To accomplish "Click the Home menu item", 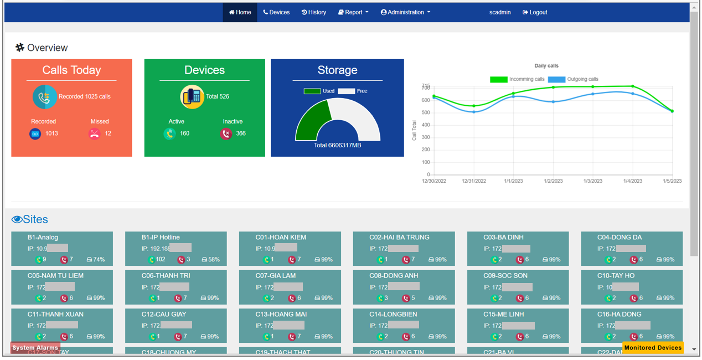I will [240, 12].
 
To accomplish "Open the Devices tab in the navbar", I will [276, 12].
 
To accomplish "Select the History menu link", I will [314, 12].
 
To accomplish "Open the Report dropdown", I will [353, 12].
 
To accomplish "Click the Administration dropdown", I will [405, 12].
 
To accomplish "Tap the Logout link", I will [535, 12].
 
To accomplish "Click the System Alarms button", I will [35, 348].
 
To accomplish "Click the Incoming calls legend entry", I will [517, 80].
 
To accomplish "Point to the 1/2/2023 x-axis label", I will [553, 181].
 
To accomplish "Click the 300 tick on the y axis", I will [425, 137].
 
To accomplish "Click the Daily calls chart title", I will [546, 66].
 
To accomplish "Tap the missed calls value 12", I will [108, 133].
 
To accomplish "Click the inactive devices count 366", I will [241, 133].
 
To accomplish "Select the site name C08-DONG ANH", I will [394, 276].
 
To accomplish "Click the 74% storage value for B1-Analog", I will [99, 260].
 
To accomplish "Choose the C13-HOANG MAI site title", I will [281, 314].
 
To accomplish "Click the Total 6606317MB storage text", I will [337, 146].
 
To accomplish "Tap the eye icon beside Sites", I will [17, 220].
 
